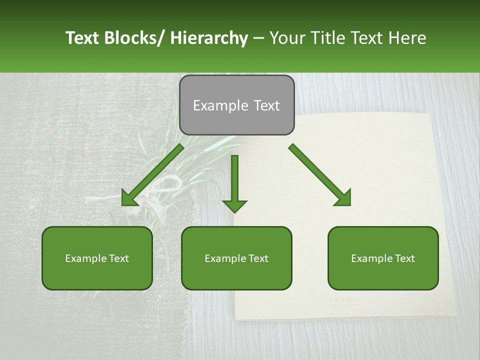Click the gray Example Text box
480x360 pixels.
coord(236,105)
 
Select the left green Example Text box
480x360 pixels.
coord(97,258)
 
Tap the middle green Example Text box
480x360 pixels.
coord(236,258)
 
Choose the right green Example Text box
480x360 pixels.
coord(383,258)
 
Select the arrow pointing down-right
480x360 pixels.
coord(320,175)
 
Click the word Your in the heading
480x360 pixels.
coord(286,38)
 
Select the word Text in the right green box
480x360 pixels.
coord(403,258)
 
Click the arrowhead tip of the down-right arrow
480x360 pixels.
coord(349,204)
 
